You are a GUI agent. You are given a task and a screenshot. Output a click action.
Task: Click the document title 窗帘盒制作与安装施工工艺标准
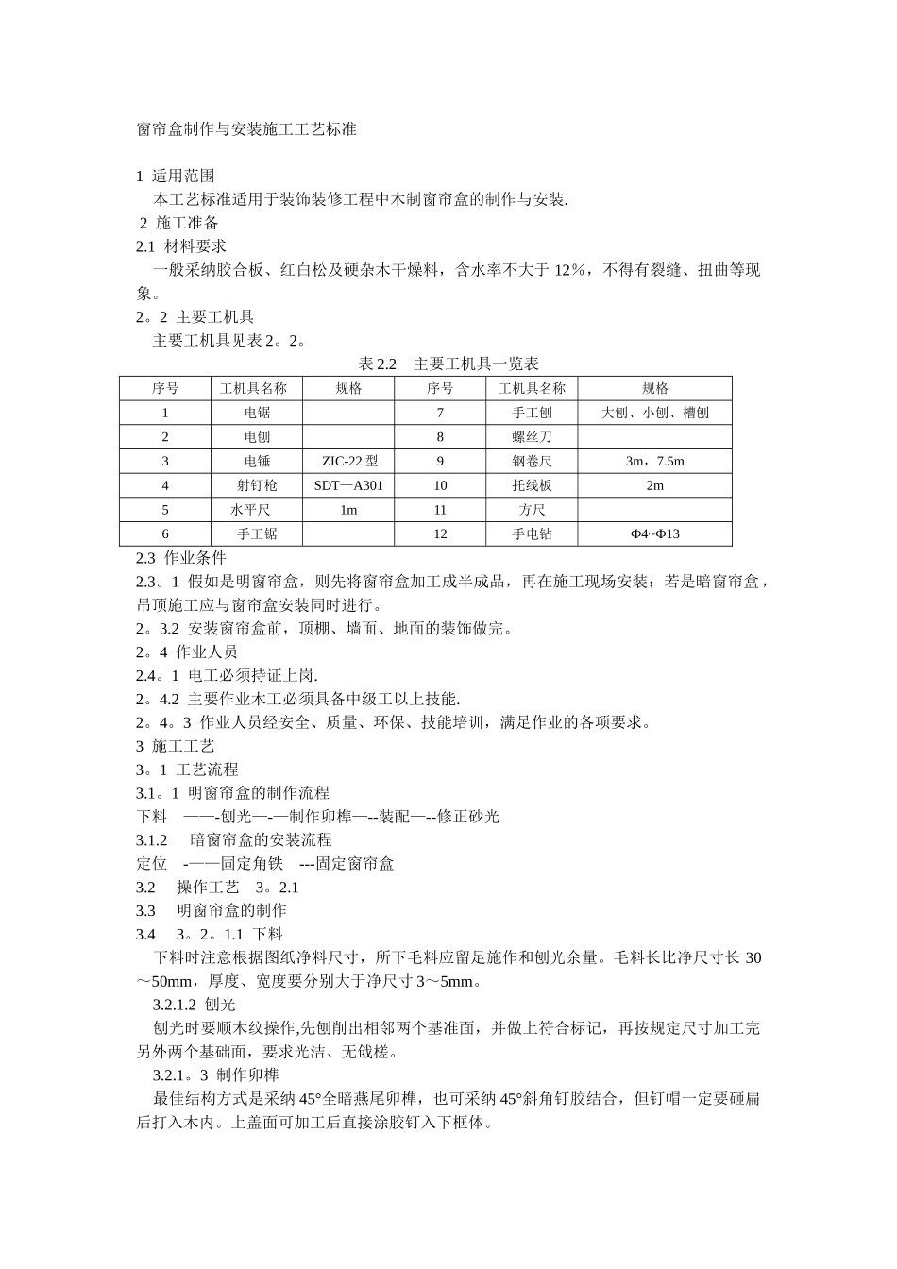pyautogui.click(x=246, y=129)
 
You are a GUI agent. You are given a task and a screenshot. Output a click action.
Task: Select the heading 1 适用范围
pyautogui.click(x=176, y=176)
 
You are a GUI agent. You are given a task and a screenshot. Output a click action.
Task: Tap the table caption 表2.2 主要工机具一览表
pyautogui.click(x=448, y=364)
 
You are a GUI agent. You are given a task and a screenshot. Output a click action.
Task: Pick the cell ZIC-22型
pyautogui.click(x=348, y=462)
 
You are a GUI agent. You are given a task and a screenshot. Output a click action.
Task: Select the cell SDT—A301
pyautogui.click(x=348, y=485)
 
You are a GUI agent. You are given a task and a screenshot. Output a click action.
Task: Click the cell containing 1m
pyautogui.click(x=348, y=510)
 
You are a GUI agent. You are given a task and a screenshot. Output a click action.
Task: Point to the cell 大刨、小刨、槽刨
pyautogui.click(x=654, y=413)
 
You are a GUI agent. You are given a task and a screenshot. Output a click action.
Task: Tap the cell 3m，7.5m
pyautogui.click(x=654, y=462)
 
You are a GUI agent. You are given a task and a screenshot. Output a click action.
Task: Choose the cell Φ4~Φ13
pyautogui.click(x=654, y=534)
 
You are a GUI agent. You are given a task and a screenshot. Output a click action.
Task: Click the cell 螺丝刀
pyautogui.click(x=532, y=437)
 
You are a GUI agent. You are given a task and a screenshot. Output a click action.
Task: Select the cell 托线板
pyautogui.click(x=532, y=485)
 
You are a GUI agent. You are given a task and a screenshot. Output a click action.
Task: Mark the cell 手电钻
pyautogui.click(x=532, y=534)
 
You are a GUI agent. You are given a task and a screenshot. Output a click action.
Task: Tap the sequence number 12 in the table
pyautogui.click(x=440, y=534)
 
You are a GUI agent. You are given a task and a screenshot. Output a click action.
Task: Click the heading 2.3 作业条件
pyautogui.click(x=181, y=558)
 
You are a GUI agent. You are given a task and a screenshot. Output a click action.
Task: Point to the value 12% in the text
pyautogui.click(x=570, y=271)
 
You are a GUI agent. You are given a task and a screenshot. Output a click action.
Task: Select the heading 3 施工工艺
pyautogui.click(x=176, y=746)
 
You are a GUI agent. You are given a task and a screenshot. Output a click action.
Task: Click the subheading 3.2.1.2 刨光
pyautogui.click(x=194, y=1005)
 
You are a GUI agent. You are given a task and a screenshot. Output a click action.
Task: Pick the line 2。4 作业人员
pyautogui.click(x=187, y=651)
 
